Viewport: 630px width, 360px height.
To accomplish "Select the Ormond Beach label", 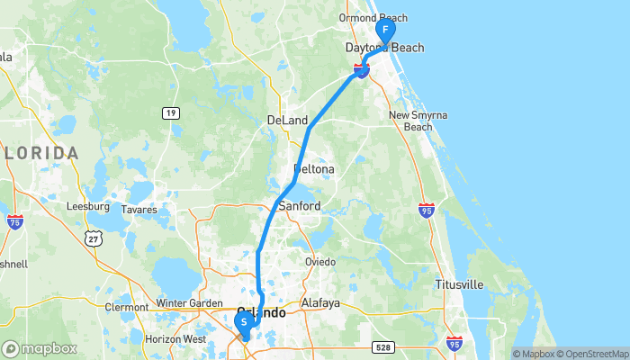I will tap(373, 18).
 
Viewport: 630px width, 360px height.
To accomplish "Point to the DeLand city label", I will tap(287, 121).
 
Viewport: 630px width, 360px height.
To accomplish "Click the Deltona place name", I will tap(314, 169).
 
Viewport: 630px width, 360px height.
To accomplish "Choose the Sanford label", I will tap(300, 206).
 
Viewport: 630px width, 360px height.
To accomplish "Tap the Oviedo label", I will tap(319, 262).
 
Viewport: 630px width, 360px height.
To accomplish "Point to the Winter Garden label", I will tap(187, 303).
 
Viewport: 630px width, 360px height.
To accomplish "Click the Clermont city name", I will tap(126, 307).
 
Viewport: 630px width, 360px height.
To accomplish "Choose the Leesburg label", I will tap(88, 206).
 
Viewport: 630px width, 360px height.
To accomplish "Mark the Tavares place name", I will tap(139, 210).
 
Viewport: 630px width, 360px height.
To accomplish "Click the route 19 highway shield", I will tap(169, 112).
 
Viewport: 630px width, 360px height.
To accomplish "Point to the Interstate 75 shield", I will tap(14, 220).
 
